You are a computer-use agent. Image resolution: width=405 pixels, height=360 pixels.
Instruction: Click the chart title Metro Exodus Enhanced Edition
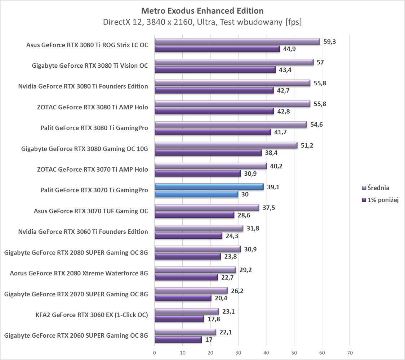(202, 10)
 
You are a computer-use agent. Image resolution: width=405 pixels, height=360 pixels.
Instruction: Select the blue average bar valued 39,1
(209, 186)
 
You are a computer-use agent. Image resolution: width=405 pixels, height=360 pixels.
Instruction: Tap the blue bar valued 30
(196, 194)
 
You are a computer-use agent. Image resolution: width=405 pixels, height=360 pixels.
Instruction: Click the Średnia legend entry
(378, 188)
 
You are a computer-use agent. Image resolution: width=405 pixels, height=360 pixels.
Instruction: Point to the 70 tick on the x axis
(350, 352)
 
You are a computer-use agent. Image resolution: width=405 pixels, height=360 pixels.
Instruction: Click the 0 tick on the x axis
(155, 352)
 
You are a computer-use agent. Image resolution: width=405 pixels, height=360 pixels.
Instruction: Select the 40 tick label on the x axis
(266, 352)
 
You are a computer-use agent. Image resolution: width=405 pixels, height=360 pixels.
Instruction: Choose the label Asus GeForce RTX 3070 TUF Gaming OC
(91, 211)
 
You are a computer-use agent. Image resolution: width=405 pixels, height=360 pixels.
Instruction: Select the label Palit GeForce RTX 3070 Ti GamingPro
(94, 190)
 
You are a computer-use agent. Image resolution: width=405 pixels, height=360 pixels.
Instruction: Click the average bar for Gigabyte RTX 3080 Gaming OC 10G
(226, 145)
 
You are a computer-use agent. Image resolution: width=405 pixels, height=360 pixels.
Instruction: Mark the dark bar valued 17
(178, 339)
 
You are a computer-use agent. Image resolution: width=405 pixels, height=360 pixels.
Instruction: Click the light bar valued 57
(234, 62)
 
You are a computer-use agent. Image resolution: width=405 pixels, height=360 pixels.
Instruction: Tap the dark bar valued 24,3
(188, 236)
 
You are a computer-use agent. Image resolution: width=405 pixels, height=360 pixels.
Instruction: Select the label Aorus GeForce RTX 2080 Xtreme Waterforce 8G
(79, 273)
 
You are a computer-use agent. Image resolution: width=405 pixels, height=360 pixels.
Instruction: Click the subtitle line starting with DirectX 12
(202, 22)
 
